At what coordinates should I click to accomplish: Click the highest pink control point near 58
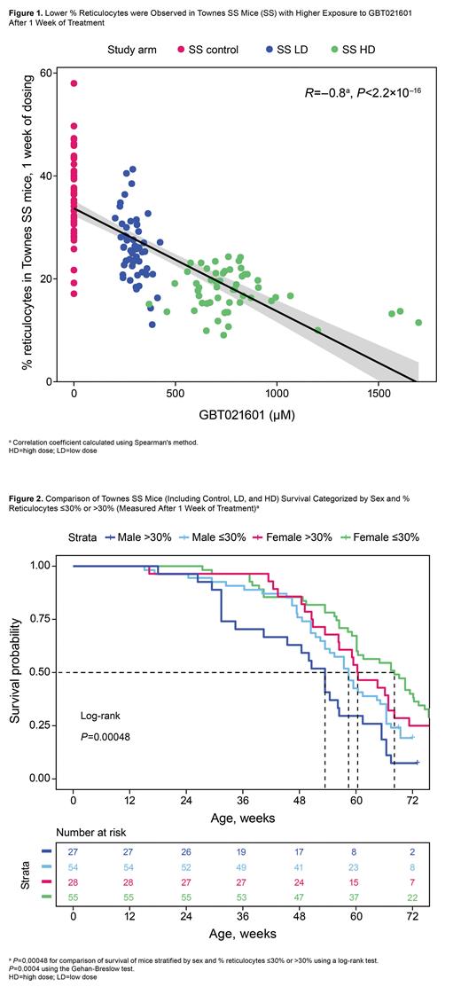pos(74,83)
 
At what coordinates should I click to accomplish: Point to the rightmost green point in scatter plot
pos(418,323)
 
